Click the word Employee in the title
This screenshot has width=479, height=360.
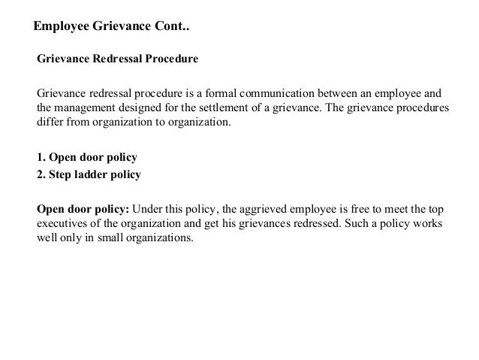click(x=62, y=26)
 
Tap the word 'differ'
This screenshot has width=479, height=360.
click(x=48, y=123)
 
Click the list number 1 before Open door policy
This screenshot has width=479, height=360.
click(x=41, y=159)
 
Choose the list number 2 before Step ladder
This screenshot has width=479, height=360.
click(x=41, y=175)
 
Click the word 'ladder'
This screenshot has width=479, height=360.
click(x=92, y=175)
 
